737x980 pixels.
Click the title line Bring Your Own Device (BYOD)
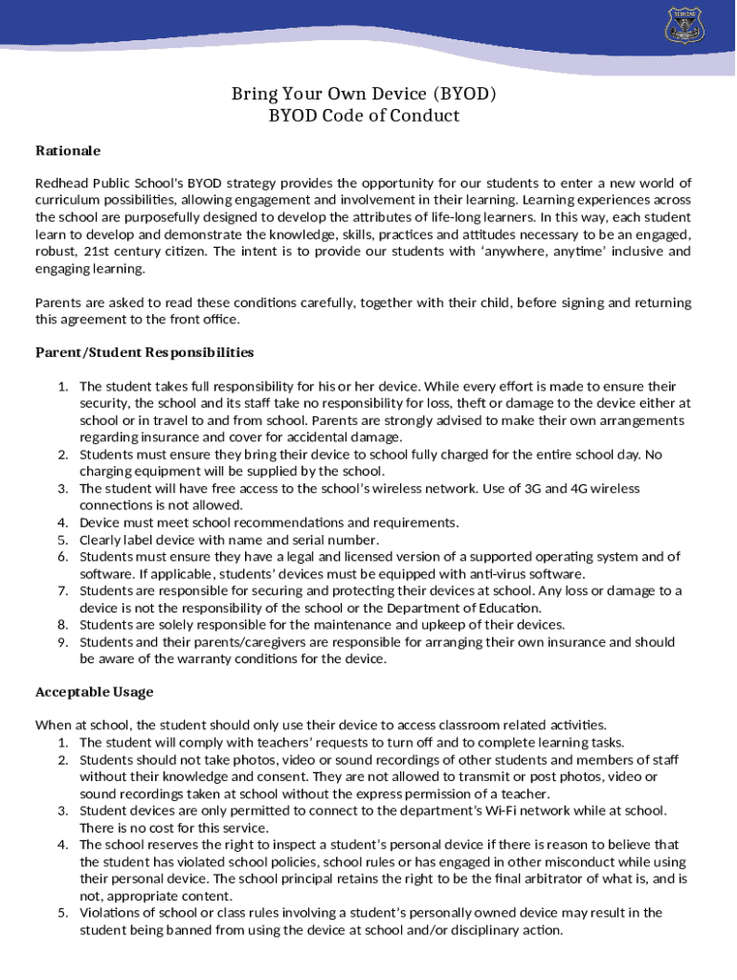(364, 94)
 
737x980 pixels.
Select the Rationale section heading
(68, 150)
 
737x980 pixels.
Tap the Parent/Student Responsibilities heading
(145, 352)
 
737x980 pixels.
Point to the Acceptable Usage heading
(94, 691)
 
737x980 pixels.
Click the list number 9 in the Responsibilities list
(62, 642)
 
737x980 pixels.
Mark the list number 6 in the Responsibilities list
(62, 556)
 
